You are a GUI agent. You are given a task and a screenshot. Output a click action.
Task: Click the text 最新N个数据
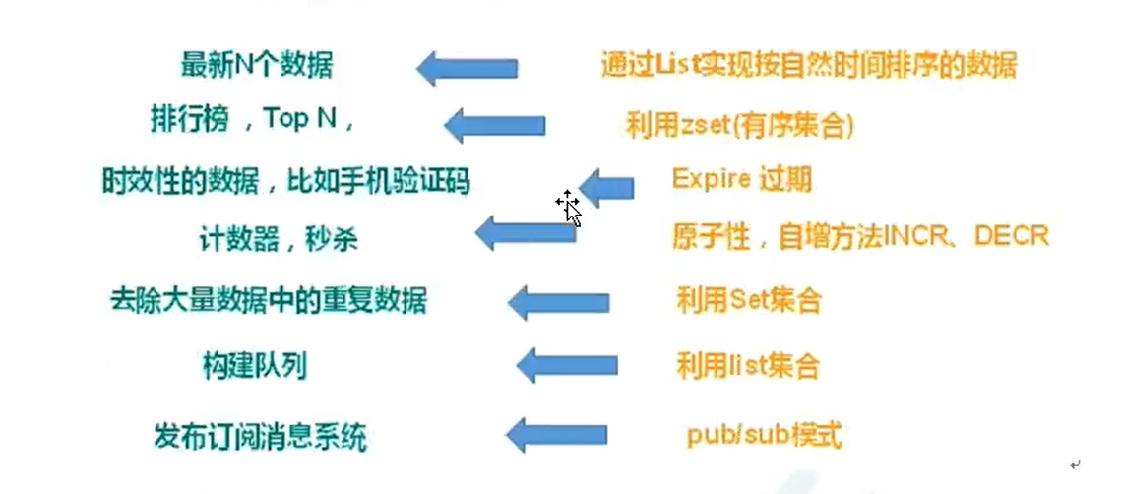click(257, 66)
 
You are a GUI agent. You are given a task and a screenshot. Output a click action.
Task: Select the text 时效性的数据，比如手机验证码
click(285, 179)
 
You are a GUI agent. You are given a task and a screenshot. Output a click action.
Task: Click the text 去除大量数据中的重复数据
click(268, 300)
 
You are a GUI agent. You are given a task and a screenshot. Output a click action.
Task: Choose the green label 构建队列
click(253, 366)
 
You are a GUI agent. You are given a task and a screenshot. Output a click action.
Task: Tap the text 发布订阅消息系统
click(260, 435)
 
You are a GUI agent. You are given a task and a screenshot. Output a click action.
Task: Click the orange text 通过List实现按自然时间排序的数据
click(808, 65)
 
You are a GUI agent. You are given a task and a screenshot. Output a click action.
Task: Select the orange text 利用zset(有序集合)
click(739, 124)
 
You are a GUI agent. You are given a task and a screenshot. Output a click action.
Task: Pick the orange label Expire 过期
click(742, 179)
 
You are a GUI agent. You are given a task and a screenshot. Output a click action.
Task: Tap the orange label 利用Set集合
click(748, 300)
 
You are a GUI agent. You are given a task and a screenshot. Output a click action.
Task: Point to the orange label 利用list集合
click(747, 367)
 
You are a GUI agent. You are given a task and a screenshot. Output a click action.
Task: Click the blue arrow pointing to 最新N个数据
click(467, 68)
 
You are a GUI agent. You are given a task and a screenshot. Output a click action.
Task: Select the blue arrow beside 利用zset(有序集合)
click(495, 125)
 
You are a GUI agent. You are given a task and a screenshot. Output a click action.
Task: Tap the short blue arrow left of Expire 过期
click(606, 184)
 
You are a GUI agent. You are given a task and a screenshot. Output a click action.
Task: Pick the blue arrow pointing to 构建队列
click(567, 365)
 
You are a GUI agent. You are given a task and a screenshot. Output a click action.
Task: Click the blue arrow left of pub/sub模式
click(557, 434)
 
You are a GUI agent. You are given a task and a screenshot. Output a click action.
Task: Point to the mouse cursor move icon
click(567, 203)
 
